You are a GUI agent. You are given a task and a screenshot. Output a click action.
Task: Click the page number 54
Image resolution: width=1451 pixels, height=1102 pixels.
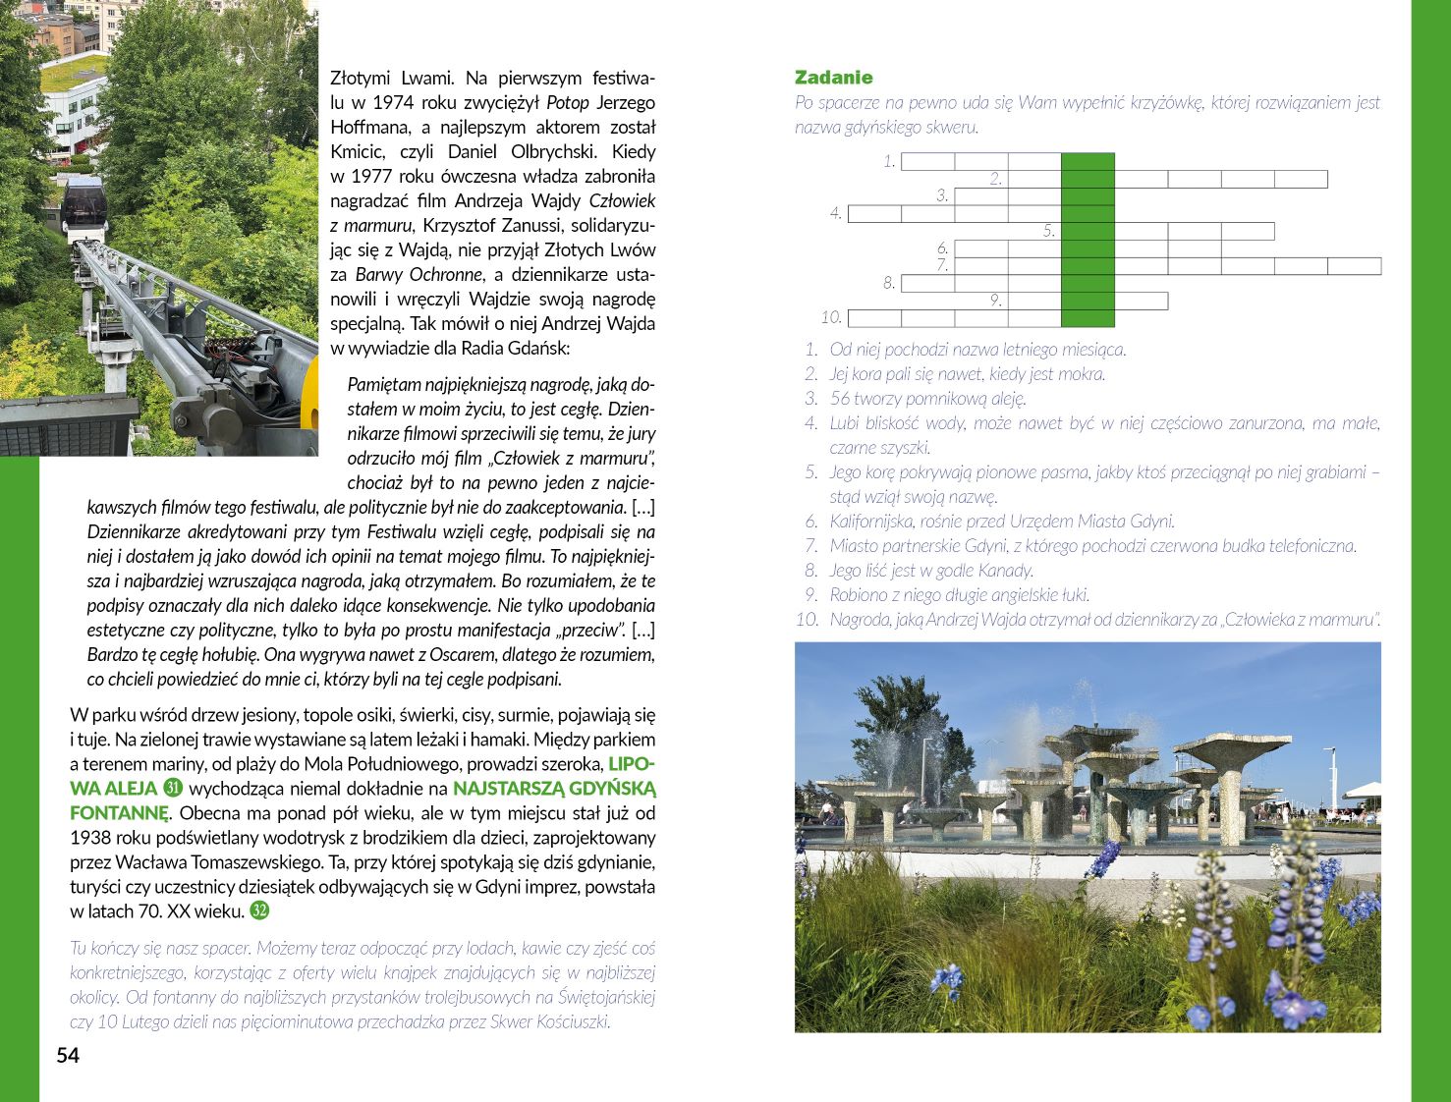[68, 1056]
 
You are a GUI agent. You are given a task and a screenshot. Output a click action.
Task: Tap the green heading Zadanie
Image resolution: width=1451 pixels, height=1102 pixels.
[833, 78]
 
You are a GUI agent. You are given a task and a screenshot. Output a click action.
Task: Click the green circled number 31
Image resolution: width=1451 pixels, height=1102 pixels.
[173, 788]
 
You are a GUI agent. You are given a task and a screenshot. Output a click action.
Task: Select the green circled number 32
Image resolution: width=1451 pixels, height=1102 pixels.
[259, 910]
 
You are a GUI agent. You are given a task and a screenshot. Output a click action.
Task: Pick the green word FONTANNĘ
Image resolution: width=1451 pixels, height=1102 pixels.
[119, 813]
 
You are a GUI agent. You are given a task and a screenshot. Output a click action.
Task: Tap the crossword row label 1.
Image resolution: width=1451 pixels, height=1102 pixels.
[889, 162]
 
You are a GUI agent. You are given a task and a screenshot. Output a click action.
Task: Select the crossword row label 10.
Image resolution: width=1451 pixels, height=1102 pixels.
[831, 317]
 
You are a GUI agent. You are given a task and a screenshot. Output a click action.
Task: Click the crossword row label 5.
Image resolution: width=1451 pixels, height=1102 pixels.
[1049, 232]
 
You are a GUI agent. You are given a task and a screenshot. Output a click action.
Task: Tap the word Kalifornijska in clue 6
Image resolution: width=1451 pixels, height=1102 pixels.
[870, 522]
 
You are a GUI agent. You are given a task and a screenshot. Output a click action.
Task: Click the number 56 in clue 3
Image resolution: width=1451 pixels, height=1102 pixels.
[840, 399]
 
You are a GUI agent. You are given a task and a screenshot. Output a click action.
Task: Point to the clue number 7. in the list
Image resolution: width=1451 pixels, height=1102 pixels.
[810, 546]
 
